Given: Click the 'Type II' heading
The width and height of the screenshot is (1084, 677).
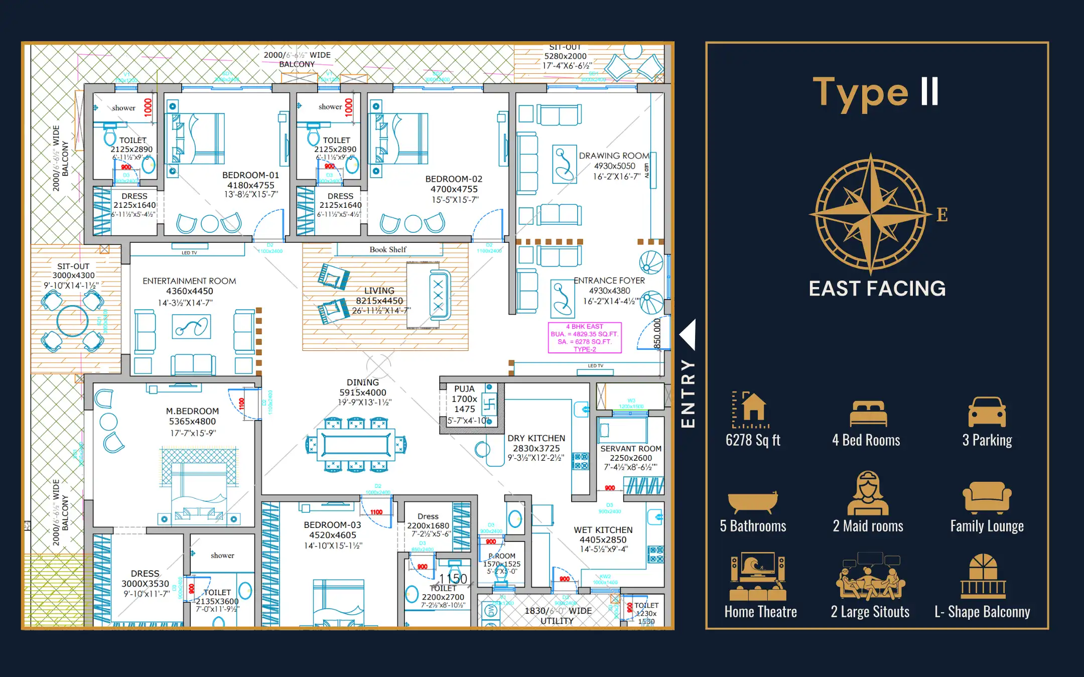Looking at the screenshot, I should click(x=876, y=93).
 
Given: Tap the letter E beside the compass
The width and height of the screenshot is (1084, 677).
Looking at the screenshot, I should click(x=942, y=215).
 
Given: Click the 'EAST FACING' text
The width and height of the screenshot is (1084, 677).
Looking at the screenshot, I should click(x=877, y=289).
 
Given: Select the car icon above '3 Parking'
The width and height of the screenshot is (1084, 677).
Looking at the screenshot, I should click(x=987, y=412).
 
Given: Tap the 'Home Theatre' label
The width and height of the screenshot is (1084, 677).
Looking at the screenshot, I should click(x=760, y=612).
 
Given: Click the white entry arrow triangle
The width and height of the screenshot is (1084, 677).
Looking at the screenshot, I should click(x=688, y=334).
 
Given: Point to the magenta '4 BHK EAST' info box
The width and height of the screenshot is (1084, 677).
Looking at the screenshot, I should click(x=585, y=338).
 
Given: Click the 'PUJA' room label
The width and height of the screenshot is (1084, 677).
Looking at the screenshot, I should click(x=464, y=389).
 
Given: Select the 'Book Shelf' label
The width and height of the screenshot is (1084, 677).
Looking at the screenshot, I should click(x=388, y=249).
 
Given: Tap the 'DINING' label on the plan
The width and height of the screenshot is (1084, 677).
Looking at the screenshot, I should click(x=363, y=382).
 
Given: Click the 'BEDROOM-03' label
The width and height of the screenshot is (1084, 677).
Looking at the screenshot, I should click(x=332, y=525).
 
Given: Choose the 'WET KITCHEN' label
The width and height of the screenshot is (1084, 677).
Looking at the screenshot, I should click(x=603, y=530).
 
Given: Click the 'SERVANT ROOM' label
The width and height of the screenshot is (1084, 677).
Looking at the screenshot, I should click(x=631, y=449).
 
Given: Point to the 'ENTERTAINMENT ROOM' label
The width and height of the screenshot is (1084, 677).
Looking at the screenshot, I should click(x=189, y=281).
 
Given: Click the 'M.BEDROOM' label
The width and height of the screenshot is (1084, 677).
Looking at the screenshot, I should click(x=192, y=411).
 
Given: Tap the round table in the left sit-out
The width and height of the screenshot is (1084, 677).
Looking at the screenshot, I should click(x=72, y=321).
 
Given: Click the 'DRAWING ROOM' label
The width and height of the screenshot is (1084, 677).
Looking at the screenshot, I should click(x=614, y=156).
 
